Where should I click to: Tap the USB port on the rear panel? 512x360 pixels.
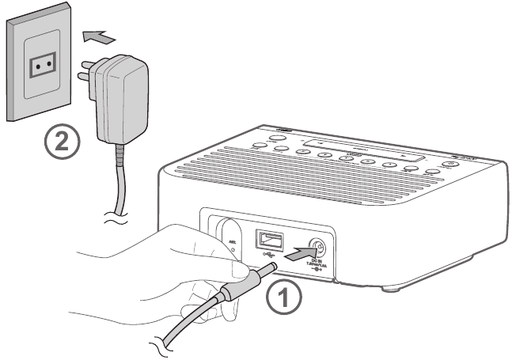(267, 239)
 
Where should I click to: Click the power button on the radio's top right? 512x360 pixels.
(449, 165)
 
